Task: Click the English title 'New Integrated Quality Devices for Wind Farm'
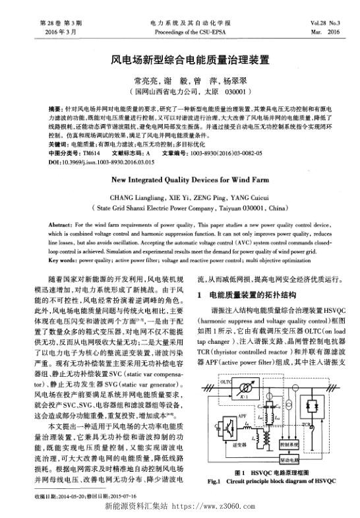(180, 178)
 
